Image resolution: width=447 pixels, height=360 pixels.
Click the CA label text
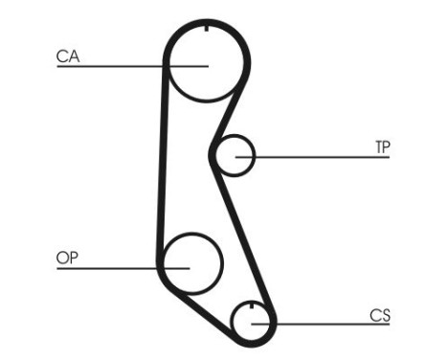pos(67,56)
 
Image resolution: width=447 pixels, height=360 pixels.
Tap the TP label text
pos(382,147)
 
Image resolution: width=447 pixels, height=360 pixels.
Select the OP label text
pos(67,259)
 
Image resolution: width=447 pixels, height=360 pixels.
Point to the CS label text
pos(380,315)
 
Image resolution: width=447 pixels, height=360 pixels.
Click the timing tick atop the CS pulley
pos(251,308)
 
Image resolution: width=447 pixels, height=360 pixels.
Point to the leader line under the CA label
pos(105,66)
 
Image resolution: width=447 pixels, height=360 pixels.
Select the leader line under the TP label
pos(325,156)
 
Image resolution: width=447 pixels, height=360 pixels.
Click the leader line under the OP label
pos(105,268)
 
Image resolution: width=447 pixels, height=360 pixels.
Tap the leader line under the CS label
pos(325,324)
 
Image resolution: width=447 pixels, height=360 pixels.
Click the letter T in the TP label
pos(377,147)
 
